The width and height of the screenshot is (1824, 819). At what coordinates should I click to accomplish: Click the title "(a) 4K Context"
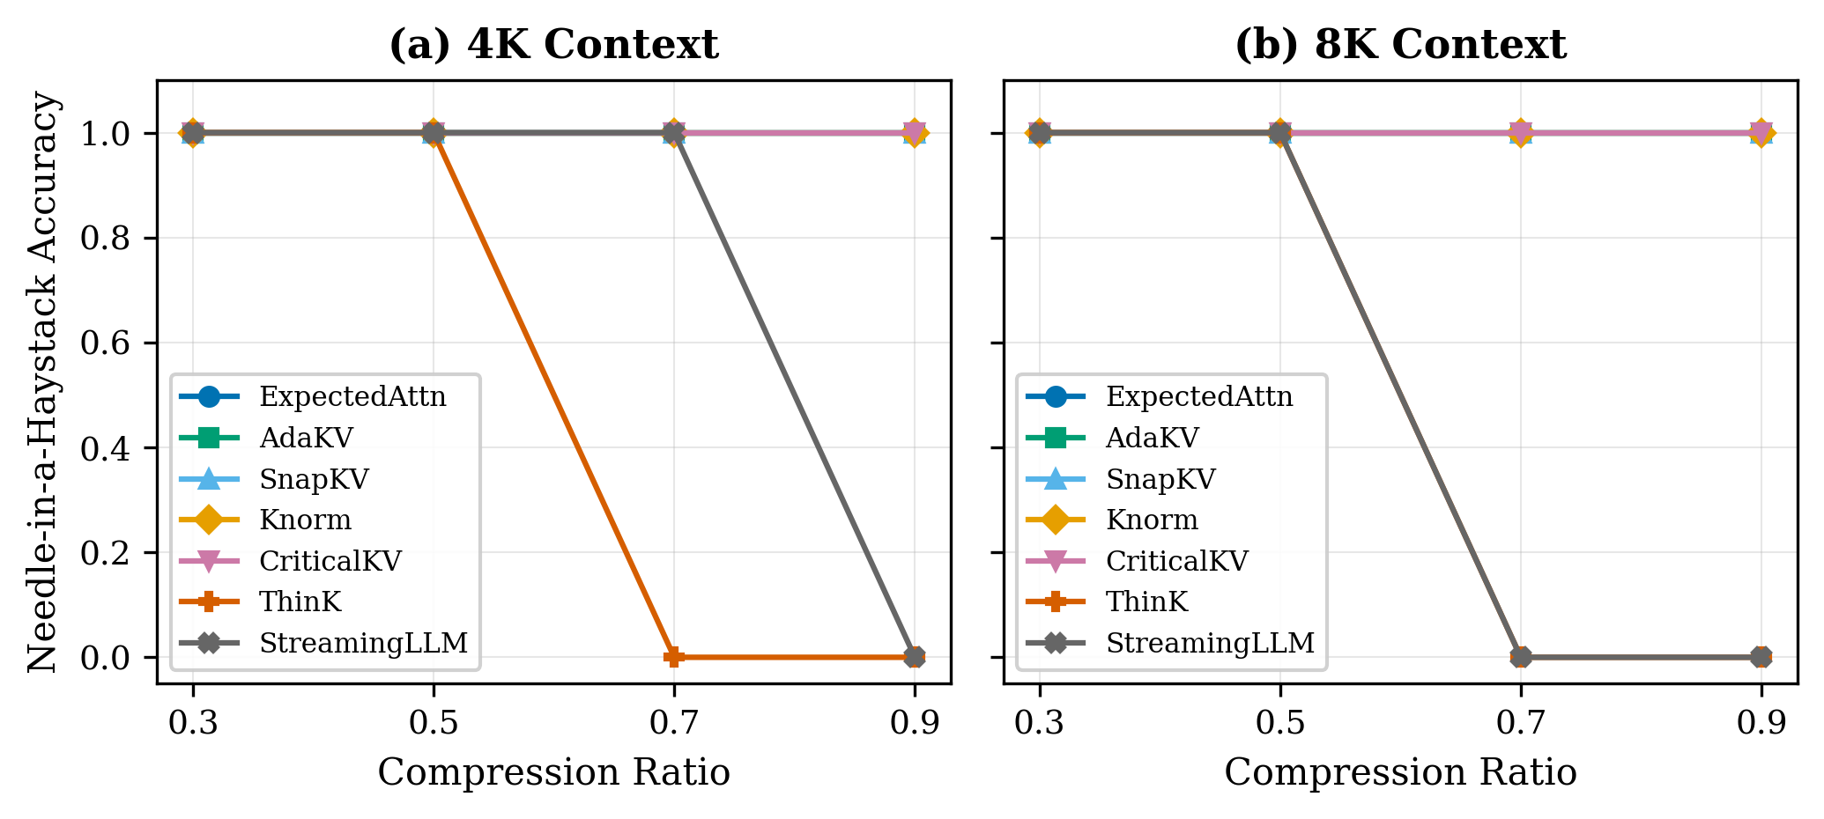click(x=553, y=46)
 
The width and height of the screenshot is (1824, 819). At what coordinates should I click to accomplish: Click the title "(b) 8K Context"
click(x=1400, y=46)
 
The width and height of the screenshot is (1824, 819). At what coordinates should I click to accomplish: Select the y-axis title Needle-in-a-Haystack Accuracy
click(x=42, y=382)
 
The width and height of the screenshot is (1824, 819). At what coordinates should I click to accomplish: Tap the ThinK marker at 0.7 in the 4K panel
click(x=674, y=656)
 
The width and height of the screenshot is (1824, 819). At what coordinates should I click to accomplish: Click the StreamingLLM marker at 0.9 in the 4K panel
click(x=915, y=656)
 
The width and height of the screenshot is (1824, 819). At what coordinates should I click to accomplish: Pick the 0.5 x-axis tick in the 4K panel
click(x=434, y=723)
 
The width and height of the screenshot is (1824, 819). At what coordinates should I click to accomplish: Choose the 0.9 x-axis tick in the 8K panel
click(x=1761, y=723)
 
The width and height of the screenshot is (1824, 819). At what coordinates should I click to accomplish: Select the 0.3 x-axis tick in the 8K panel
click(x=1040, y=723)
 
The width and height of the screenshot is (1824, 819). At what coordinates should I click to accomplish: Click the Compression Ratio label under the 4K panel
click(x=553, y=773)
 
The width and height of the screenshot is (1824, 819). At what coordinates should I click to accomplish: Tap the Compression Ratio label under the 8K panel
click(x=1400, y=773)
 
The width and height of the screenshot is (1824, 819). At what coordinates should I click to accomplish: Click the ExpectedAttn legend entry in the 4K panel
click(x=352, y=397)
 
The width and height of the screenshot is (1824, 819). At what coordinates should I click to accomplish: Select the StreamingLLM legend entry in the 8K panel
click(x=1210, y=644)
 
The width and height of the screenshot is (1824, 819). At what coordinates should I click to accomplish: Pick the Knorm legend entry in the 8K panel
click(x=1152, y=520)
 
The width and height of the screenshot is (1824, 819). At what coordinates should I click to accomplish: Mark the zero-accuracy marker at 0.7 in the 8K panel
click(x=1521, y=656)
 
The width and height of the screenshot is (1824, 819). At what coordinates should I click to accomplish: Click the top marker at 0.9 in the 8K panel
click(x=1761, y=133)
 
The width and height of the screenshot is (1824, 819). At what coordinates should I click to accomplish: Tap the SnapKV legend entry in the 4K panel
click(x=315, y=479)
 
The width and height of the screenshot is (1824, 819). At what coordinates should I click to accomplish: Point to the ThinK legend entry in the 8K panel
click(x=1147, y=602)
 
